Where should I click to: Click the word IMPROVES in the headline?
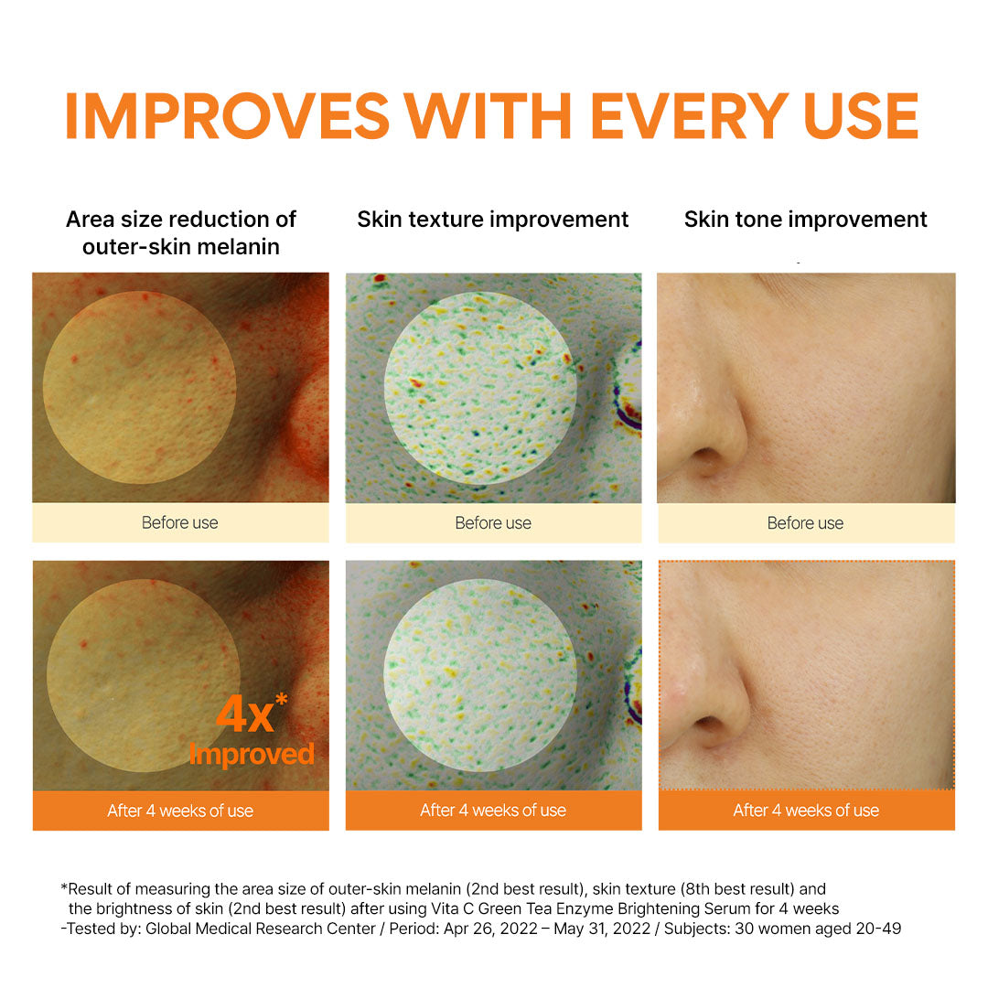pyautogui.click(x=228, y=116)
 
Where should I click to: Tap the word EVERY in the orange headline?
pyautogui.click(x=690, y=116)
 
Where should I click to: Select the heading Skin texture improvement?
pyautogui.click(x=493, y=220)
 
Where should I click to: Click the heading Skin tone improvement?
pyautogui.click(x=805, y=220)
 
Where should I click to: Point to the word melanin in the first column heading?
pyautogui.click(x=240, y=246)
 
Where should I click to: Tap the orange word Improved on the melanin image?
pyautogui.click(x=252, y=754)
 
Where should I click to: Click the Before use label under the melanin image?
pyautogui.click(x=180, y=522)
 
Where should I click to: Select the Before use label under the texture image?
pyautogui.click(x=493, y=523)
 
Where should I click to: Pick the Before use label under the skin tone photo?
pyautogui.click(x=805, y=523)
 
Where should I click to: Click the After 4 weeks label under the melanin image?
pyautogui.click(x=180, y=811)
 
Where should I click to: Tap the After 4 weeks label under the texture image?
pyautogui.click(x=493, y=811)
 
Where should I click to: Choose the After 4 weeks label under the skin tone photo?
pyautogui.click(x=806, y=811)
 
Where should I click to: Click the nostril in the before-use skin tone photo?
pyautogui.click(x=707, y=456)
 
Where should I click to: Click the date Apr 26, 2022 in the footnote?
pyautogui.click(x=491, y=929)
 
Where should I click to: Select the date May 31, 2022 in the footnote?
pyautogui.click(x=602, y=929)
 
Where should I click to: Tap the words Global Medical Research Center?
pyautogui.click(x=260, y=929)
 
